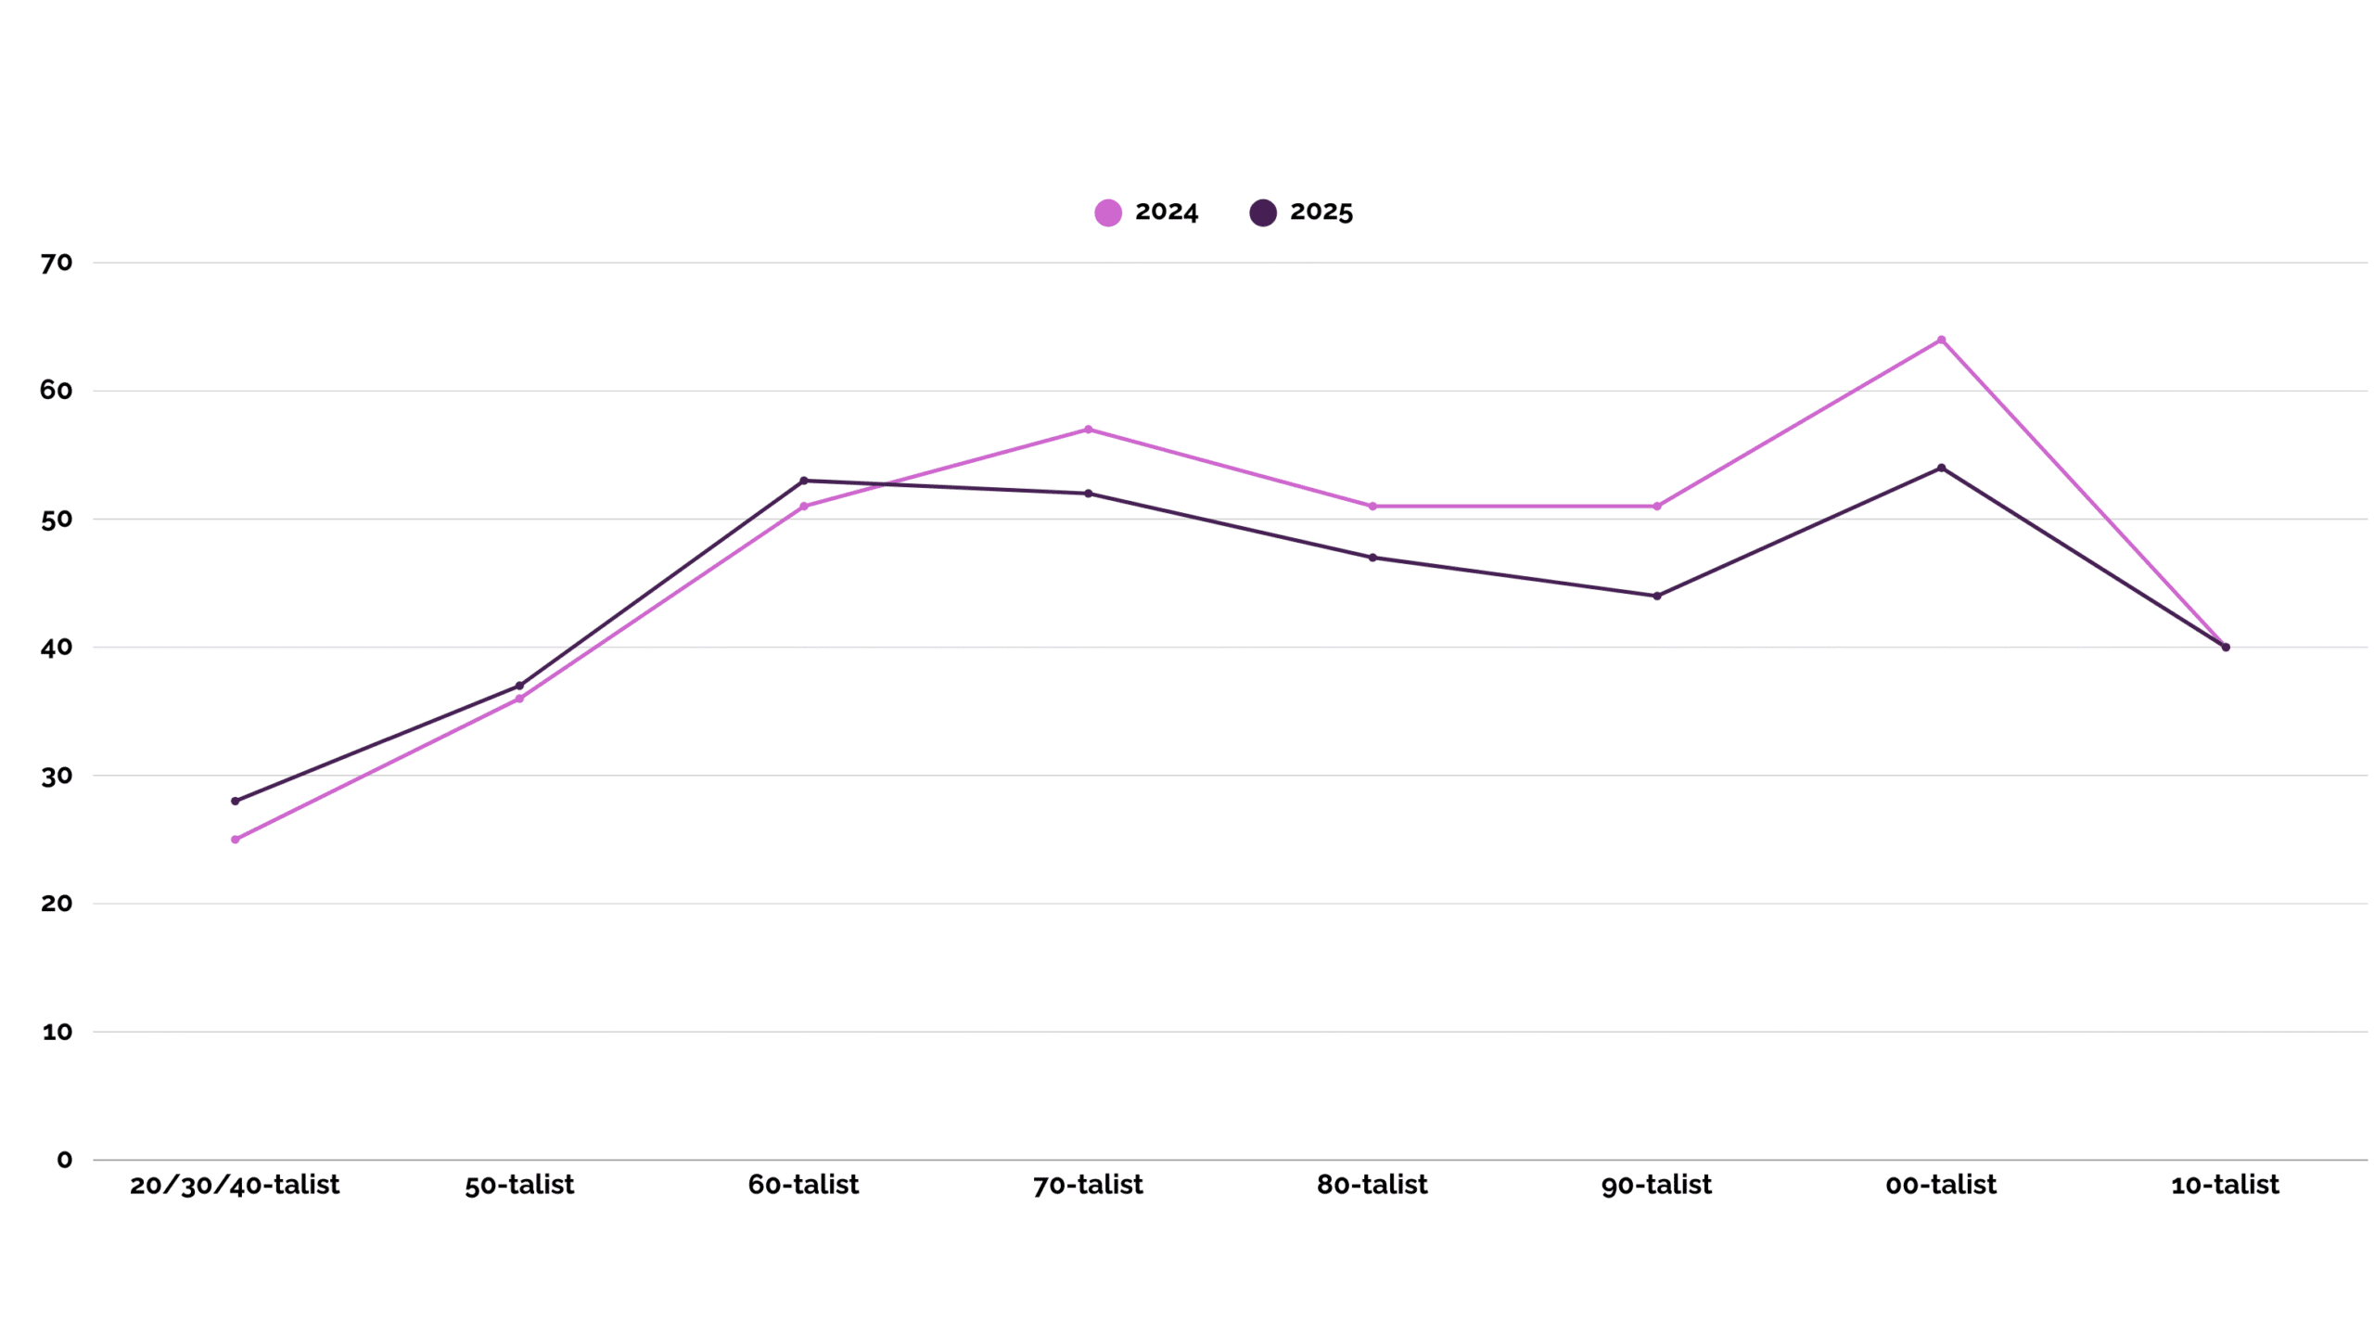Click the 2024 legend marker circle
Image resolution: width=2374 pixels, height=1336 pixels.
[1107, 212]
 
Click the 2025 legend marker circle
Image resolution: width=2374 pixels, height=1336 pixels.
[1262, 212]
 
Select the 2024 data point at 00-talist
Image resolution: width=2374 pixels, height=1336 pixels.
[1940, 340]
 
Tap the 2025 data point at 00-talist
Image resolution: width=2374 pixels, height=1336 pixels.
[1940, 468]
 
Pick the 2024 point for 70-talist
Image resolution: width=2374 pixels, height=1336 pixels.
[1088, 430]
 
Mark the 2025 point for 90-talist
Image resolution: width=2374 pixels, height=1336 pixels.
[1656, 596]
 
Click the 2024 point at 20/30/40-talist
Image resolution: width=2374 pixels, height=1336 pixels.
[235, 839]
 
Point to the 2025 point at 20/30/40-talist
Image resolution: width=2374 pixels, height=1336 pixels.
[235, 801]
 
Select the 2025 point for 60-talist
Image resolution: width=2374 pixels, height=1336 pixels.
[803, 481]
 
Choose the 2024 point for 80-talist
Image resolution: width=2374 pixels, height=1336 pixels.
[1372, 507]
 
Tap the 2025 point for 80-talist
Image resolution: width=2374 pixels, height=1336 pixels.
[1372, 558]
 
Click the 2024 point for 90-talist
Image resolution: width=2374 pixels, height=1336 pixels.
[1656, 507]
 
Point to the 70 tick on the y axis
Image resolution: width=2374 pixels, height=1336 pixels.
[57, 263]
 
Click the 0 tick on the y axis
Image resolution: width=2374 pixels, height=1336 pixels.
[64, 1159]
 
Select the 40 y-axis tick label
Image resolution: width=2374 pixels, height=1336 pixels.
[57, 648]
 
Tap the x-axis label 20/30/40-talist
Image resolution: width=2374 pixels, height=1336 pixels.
[235, 1185]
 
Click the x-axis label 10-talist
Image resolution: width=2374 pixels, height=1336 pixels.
[2225, 1185]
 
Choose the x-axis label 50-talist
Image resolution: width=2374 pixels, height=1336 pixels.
[519, 1185]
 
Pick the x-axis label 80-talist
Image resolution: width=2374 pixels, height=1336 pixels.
[1372, 1185]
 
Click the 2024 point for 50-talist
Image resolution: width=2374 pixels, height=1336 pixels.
[519, 699]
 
